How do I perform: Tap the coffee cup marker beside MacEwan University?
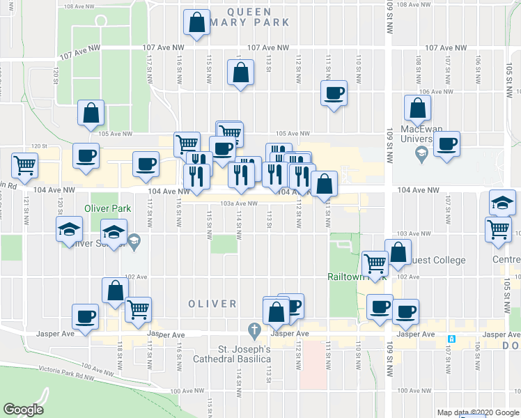446,144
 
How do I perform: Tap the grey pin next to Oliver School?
134,242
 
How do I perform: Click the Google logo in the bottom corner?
23,410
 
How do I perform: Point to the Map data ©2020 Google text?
477,412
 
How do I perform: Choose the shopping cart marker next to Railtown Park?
375,262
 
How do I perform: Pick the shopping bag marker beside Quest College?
398,254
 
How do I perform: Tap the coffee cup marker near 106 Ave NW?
334,93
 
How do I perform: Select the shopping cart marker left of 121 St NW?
24,166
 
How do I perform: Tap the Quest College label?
439,261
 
